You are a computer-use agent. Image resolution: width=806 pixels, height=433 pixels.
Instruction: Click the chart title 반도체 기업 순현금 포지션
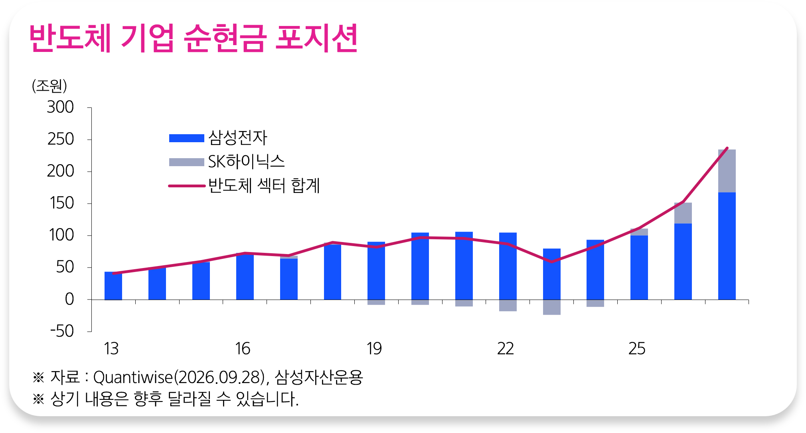194,38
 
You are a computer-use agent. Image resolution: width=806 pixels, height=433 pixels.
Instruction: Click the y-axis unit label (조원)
49,85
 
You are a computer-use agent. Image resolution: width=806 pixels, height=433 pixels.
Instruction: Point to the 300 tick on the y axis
60,107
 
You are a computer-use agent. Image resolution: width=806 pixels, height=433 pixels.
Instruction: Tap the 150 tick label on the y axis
61,203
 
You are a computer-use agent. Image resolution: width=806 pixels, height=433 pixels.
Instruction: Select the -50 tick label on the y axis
62,331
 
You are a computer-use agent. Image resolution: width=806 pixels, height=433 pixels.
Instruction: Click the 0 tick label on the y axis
69,299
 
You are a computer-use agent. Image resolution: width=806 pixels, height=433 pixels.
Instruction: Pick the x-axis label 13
111,349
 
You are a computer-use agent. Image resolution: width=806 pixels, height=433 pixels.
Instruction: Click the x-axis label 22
505,349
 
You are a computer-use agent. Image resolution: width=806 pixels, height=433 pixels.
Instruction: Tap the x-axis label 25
637,349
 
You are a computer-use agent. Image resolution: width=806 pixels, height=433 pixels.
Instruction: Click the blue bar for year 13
113,286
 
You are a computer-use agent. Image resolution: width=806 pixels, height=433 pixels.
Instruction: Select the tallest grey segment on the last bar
727,171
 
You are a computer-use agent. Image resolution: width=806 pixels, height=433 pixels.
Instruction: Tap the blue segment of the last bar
727,246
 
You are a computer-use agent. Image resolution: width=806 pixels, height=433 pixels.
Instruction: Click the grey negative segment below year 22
508,305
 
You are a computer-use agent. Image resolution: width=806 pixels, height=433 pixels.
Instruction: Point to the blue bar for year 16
245,276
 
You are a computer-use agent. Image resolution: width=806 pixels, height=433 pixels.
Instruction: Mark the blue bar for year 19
376,270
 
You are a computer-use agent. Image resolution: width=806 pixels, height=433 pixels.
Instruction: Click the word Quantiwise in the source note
133,377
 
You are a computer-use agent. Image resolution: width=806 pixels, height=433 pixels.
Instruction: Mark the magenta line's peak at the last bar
727,148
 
